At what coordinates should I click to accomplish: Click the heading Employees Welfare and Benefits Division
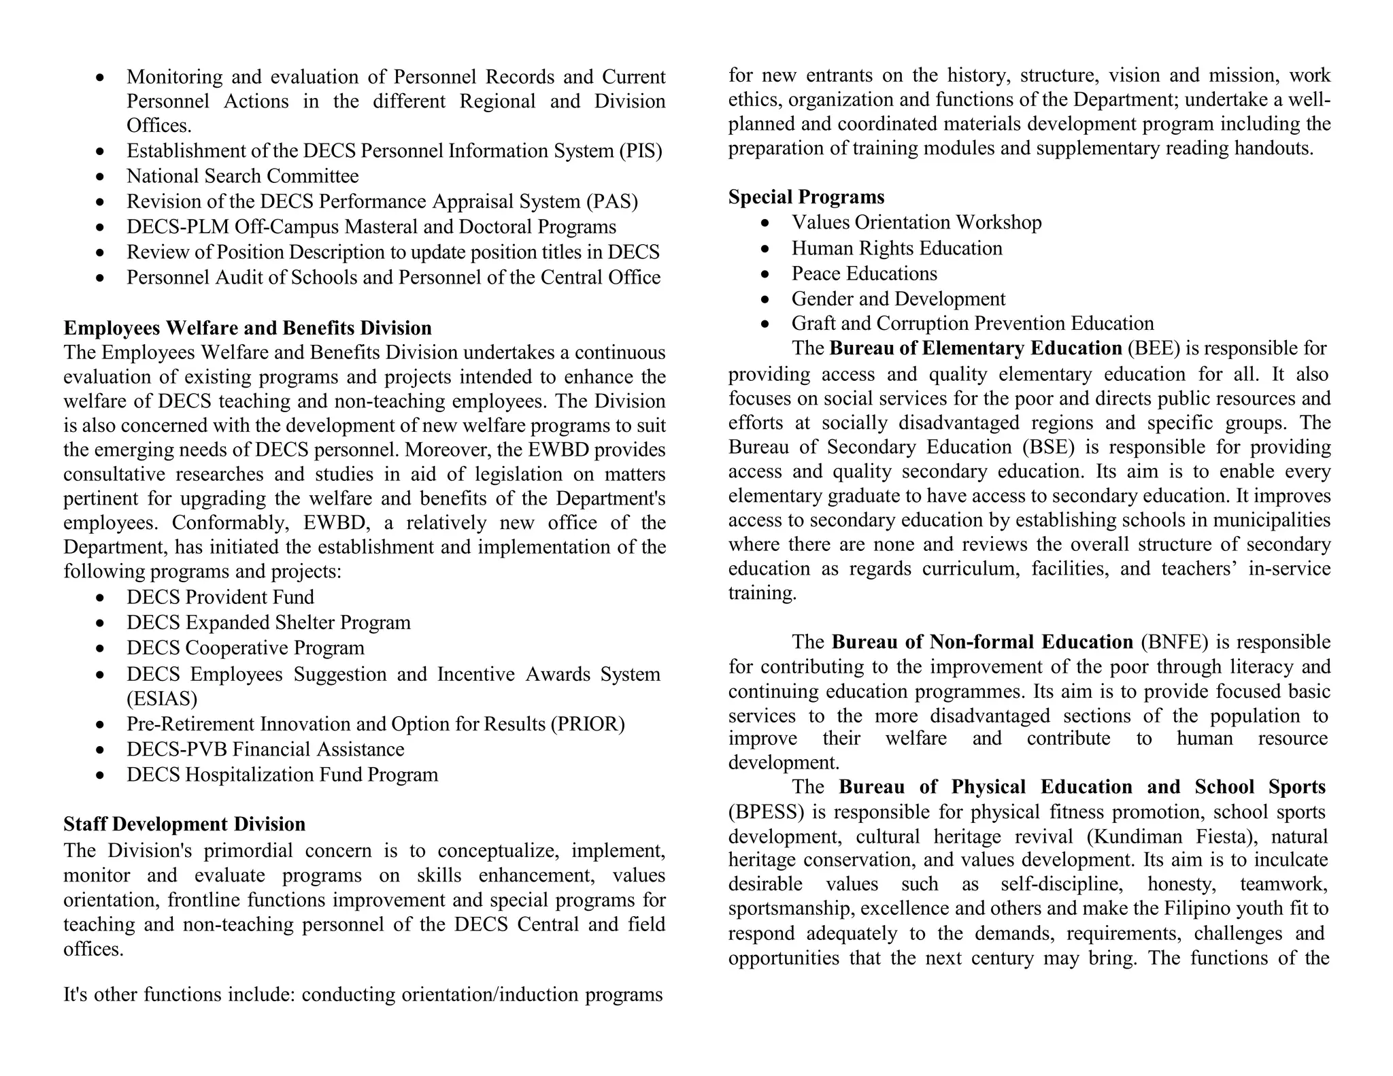pyautogui.click(x=248, y=328)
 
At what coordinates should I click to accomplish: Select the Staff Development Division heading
pyautogui.click(x=184, y=824)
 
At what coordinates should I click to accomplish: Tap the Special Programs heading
pyautogui.click(x=806, y=197)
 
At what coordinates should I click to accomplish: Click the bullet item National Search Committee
pyautogui.click(x=242, y=176)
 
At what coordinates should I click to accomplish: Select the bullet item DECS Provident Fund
pyautogui.click(x=220, y=597)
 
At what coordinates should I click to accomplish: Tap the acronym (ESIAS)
pyautogui.click(x=162, y=699)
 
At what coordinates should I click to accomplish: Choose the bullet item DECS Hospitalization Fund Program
pyautogui.click(x=282, y=775)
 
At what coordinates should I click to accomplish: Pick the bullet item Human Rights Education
pyautogui.click(x=896, y=248)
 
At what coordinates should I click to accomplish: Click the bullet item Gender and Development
pyautogui.click(x=898, y=299)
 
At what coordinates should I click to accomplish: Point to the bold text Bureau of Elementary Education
pyautogui.click(x=975, y=348)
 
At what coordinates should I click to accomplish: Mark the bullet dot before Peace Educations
pyautogui.click(x=765, y=275)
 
